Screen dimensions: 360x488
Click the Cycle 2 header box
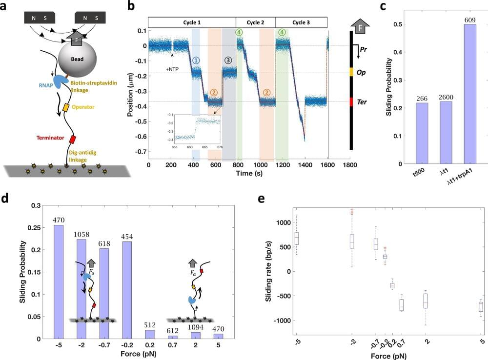255,22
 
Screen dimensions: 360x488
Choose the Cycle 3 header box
294,22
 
